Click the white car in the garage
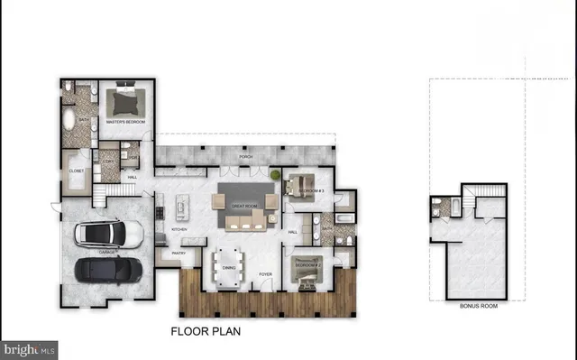[x=108, y=235]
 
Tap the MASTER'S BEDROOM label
[x=126, y=121]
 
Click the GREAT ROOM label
[x=244, y=207]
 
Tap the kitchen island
[x=183, y=207]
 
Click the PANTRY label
[x=177, y=254]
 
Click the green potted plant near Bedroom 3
[x=275, y=173]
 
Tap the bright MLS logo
[x=29, y=348]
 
